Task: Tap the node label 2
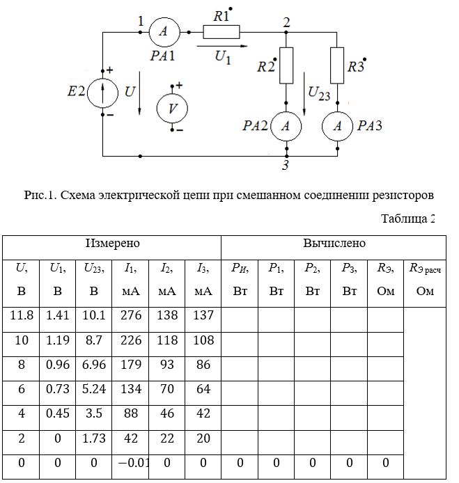click(x=286, y=22)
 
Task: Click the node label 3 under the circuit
click(x=286, y=165)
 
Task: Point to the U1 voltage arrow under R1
click(x=222, y=46)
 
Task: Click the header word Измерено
click(x=113, y=243)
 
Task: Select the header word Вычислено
click(x=334, y=243)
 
